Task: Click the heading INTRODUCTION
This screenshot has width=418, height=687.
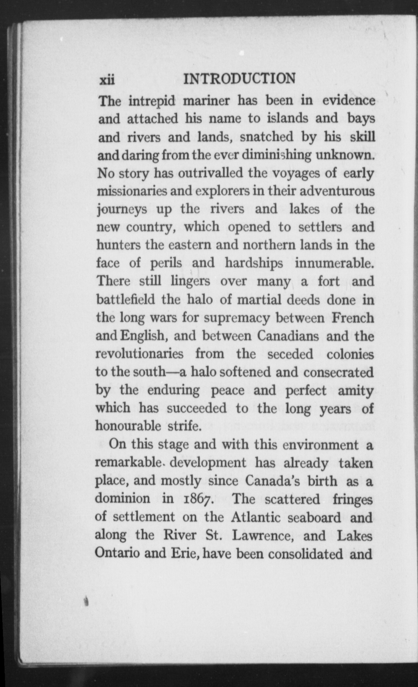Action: (x=240, y=79)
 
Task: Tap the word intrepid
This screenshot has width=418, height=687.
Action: (x=152, y=101)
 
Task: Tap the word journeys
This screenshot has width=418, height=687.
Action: (x=121, y=210)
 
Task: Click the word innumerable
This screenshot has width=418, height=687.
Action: (x=334, y=263)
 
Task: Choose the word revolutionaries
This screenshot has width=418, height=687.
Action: (x=139, y=354)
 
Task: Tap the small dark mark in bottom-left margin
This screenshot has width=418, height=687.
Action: (x=87, y=600)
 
